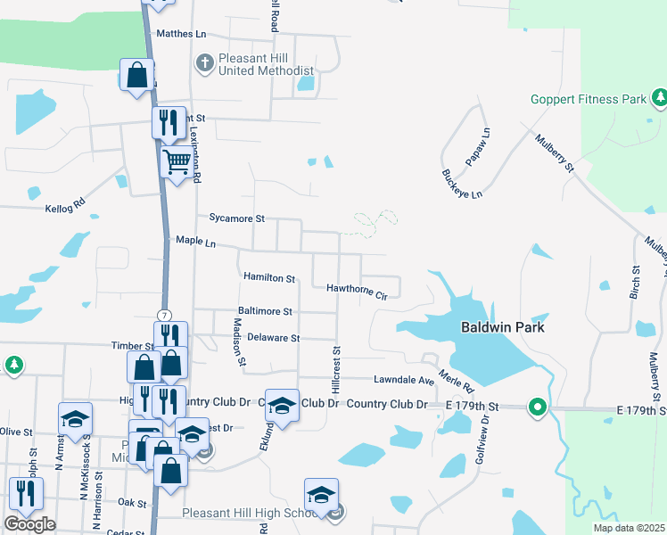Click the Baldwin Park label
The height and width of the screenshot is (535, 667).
(x=502, y=327)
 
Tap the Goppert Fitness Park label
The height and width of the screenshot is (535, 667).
(x=588, y=99)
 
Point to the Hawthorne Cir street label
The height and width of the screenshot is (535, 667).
(x=358, y=289)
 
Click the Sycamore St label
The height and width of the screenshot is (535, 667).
(x=236, y=218)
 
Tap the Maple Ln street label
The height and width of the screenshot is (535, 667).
(x=196, y=241)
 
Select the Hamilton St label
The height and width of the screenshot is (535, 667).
(x=268, y=278)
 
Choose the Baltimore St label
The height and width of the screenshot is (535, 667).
(x=263, y=311)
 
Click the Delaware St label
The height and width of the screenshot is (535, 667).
(x=273, y=338)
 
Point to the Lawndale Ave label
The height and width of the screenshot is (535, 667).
(x=403, y=379)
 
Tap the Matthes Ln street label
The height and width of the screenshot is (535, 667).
(x=181, y=34)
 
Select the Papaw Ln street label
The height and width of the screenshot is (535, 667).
(x=478, y=147)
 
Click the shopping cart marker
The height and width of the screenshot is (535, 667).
(x=177, y=163)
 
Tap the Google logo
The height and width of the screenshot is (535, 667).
(x=29, y=524)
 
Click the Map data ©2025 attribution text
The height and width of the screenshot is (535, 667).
(x=628, y=528)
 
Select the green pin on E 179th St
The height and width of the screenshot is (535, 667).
(x=537, y=407)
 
